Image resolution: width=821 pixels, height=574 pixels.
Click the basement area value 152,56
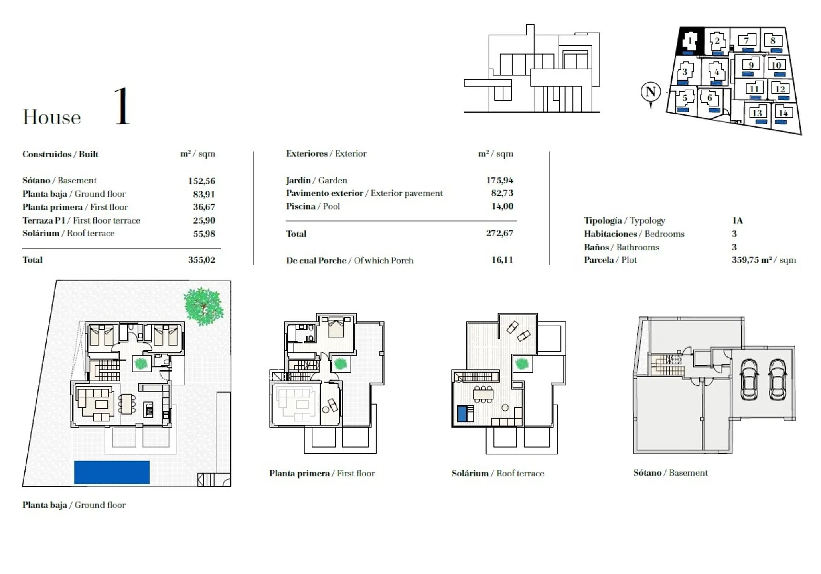pos(201,181)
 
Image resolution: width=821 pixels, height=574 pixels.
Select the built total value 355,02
pos(201,260)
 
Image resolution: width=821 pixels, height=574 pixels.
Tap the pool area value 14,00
pos(502,206)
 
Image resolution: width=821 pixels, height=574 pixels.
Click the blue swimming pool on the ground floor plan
pos(112,472)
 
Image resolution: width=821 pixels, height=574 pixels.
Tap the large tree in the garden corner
pos(203,307)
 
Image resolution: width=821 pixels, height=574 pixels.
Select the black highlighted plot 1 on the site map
pos(691,41)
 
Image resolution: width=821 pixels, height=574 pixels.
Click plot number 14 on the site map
pos(783,113)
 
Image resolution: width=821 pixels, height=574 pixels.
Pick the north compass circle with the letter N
pos(651,92)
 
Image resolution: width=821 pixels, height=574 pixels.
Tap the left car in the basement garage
pos(749,379)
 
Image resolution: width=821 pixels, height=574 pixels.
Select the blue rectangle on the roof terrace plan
pos(463,413)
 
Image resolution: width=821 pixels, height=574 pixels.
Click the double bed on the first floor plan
pos(336,327)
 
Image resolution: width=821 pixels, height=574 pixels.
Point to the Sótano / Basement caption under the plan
pos(670,473)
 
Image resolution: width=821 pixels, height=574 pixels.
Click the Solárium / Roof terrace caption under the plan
pos(498,473)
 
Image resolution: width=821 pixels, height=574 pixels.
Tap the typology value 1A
pos(737,220)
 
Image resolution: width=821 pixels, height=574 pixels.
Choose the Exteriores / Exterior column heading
pos(326,154)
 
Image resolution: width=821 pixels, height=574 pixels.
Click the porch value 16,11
pos(502,260)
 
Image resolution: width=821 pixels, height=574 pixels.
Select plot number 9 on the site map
pos(751,65)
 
